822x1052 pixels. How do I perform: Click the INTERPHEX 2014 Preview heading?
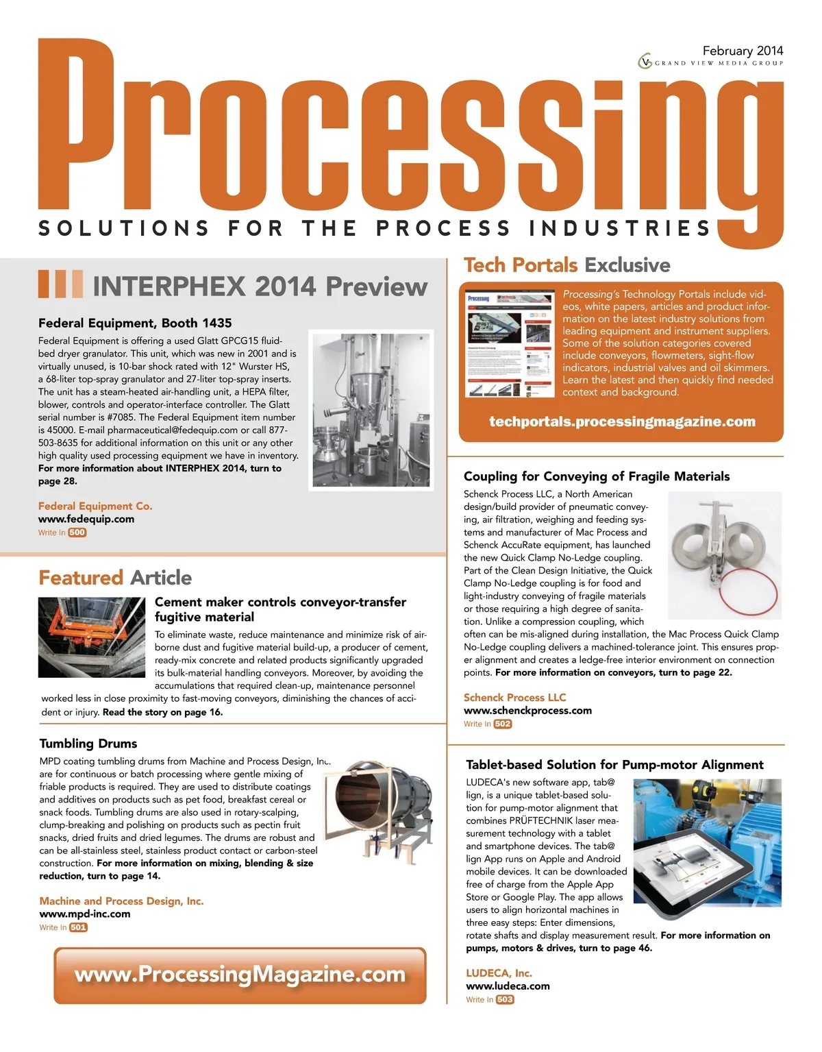(x=260, y=286)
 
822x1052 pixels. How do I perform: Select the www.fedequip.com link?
(x=86, y=519)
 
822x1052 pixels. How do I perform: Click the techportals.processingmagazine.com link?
(x=622, y=421)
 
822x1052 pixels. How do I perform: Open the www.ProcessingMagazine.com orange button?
(x=240, y=975)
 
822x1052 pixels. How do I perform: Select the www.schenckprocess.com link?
(x=527, y=710)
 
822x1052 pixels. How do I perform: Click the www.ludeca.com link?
(x=508, y=986)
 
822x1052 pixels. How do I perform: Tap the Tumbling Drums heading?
(x=88, y=743)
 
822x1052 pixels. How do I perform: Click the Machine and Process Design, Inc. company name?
(x=121, y=901)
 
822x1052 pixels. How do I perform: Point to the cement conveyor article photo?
(x=91, y=637)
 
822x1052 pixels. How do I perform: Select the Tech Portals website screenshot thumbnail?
(x=510, y=344)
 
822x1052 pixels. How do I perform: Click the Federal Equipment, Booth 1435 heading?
(x=135, y=322)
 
